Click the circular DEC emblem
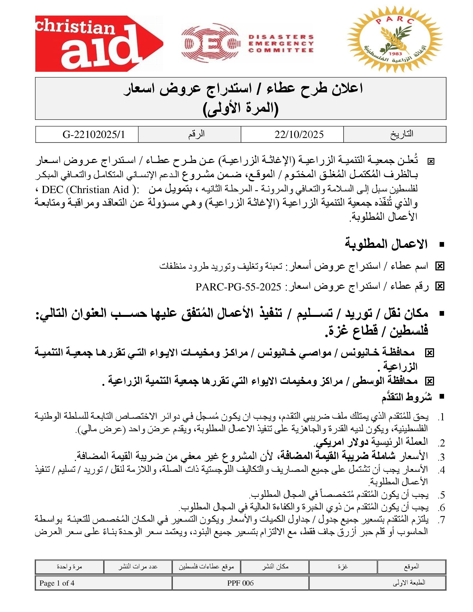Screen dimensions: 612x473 pos(210,43)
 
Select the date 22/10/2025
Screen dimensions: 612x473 pos(299,135)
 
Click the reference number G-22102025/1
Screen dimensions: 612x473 pos(93,135)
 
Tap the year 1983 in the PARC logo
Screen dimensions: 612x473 pos(396,53)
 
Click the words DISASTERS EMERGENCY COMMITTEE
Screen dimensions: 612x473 pos(281,44)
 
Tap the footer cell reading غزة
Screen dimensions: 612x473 pos(343,567)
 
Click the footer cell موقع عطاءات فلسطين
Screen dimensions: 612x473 pos(206,567)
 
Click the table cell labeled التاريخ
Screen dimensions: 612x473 pos(401,134)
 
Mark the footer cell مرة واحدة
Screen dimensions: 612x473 pos(69,567)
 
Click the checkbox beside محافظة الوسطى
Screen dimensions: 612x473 pos(429,381)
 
